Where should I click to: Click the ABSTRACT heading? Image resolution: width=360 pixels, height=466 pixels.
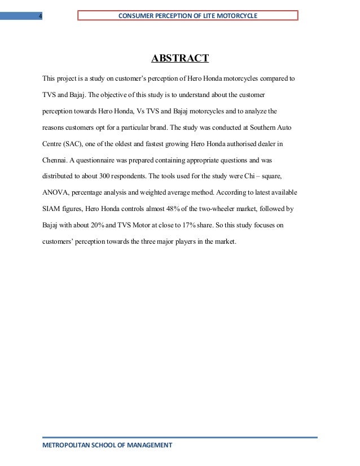[179, 58]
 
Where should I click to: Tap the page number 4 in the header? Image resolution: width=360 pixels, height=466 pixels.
[39, 16]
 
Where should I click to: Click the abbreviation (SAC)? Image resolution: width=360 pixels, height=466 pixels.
[74, 143]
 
